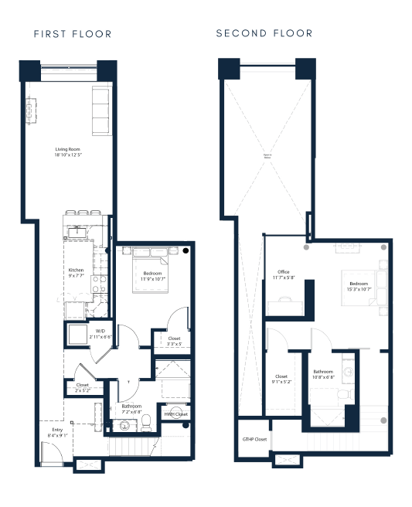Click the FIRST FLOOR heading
tap(73, 34)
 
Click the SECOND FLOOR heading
tap(264, 33)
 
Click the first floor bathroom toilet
tap(175, 411)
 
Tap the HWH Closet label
tap(175, 415)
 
